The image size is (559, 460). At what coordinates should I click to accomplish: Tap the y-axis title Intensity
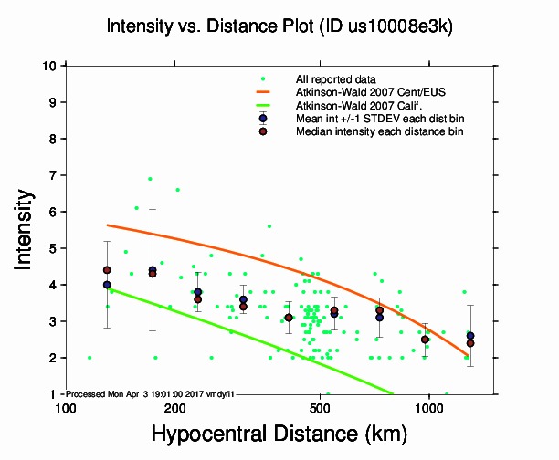click(26, 229)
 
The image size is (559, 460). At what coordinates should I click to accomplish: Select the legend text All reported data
click(343, 79)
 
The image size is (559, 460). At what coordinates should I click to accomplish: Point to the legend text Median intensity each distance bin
click(379, 131)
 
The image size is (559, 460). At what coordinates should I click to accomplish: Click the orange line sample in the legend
click(263, 92)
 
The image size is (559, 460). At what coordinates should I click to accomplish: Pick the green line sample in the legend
click(263, 106)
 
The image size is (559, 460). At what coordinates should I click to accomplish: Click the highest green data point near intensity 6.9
click(150, 179)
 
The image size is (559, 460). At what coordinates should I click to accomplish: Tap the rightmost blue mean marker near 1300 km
click(469, 336)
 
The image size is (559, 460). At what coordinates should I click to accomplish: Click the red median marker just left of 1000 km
click(425, 340)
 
